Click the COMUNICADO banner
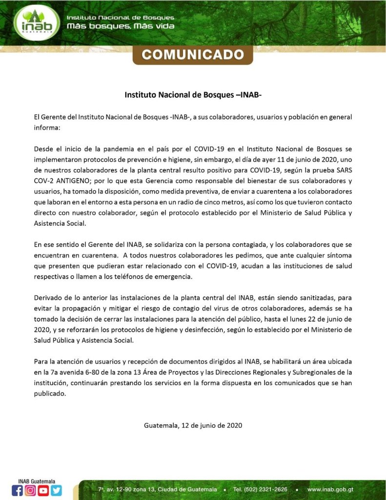click(x=193, y=54)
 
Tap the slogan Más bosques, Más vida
click(x=121, y=26)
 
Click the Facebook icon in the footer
click(x=17, y=490)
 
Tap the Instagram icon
click(x=30, y=490)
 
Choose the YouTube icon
click(x=43, y=490)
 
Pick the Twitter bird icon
click(x=57, y=490)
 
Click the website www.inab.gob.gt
click(x=330, y=489)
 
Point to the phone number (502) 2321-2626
click(x=260, y=489)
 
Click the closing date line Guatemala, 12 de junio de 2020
click(x=193, y=425)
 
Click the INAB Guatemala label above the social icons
click(x=37, y=481)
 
